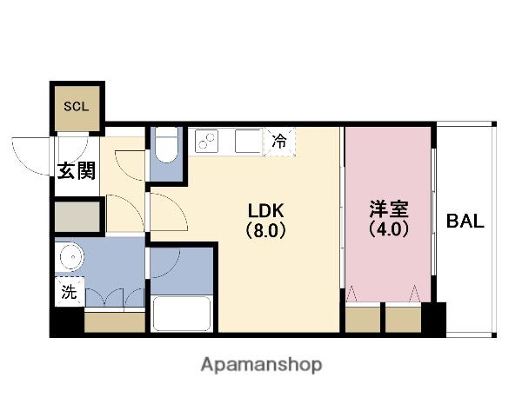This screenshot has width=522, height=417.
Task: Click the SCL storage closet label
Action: [77, 106]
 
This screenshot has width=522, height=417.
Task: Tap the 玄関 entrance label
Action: [77, 171]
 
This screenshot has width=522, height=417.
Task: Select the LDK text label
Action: [265, 210]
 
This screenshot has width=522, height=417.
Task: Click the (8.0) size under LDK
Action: [265, 230]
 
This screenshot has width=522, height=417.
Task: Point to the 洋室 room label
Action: [389, 209]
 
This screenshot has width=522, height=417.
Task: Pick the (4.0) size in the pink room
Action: [389, 228]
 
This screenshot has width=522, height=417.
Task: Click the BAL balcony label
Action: [465, 221]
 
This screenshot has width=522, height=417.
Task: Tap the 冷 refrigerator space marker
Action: [279, 141]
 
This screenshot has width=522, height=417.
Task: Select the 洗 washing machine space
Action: [70, 292]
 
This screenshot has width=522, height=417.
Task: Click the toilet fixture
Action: [166, 145]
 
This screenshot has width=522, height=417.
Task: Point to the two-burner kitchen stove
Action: [206, 141]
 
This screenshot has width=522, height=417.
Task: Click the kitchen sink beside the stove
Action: [248, 141]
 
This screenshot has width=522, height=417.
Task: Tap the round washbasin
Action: [71, 256]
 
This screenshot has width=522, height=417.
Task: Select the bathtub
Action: [182, 314]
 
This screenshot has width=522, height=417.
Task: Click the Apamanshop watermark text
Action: [261, 365]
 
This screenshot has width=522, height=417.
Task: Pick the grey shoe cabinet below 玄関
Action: [77, 216]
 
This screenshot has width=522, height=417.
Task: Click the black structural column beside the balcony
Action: [433, 319]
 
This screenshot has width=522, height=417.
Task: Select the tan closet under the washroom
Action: [115, 322]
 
